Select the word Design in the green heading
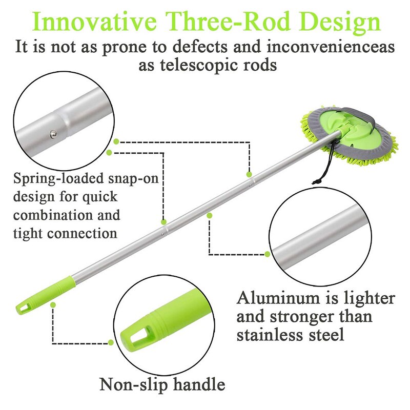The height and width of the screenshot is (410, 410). point(339,22)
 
